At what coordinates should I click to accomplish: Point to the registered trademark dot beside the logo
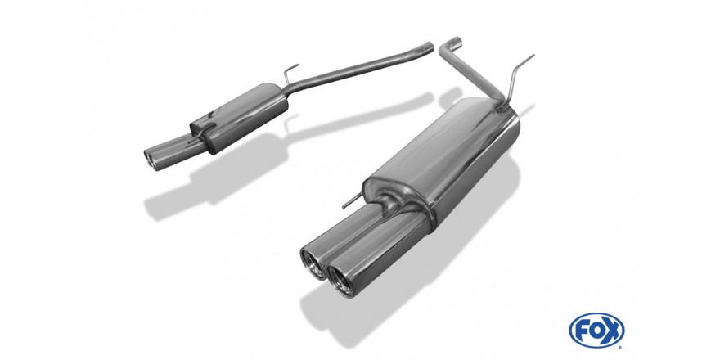pyautogui.click(x=621, y=347)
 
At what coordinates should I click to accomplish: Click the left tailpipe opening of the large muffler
pyautogui.click(x=312, y=264)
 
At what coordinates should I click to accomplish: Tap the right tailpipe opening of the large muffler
pyautogui.click(x=340, y=280)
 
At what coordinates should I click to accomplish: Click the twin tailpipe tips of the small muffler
pyautogui.click(x=152, y=159)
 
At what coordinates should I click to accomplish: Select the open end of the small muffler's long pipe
pyautogui.click(x=428, y=47)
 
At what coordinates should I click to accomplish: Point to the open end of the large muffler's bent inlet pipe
pyautogui.click(x=455, y=42)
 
